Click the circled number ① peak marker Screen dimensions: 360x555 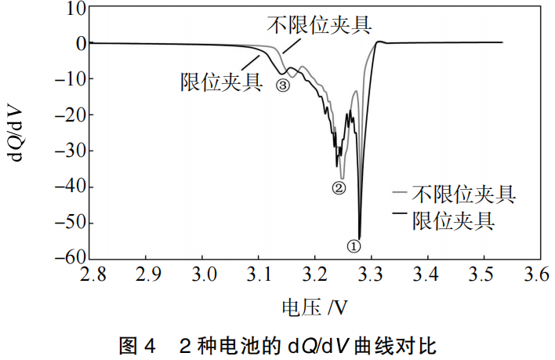point(354,246)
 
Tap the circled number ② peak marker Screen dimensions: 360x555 point(339,187)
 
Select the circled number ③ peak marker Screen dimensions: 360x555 point(283,85)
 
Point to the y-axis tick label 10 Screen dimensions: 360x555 point(74,9)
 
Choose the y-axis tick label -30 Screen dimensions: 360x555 point(69,151)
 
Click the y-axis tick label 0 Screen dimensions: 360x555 point(79,44)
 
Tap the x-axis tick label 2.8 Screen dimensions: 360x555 point(92,275)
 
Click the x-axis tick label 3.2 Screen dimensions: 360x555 point(314,275)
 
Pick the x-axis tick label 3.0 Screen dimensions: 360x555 point(202,275)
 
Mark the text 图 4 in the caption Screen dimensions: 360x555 point(136,343)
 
